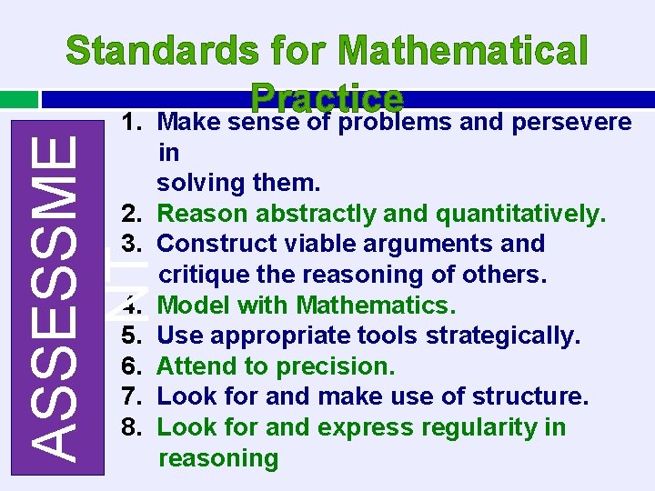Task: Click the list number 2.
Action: pyautogui.click(x=130, y=214)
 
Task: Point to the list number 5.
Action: pyautogui.click(x=130, y=336)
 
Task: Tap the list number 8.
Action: pyautogui.click(x=130, y=427)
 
